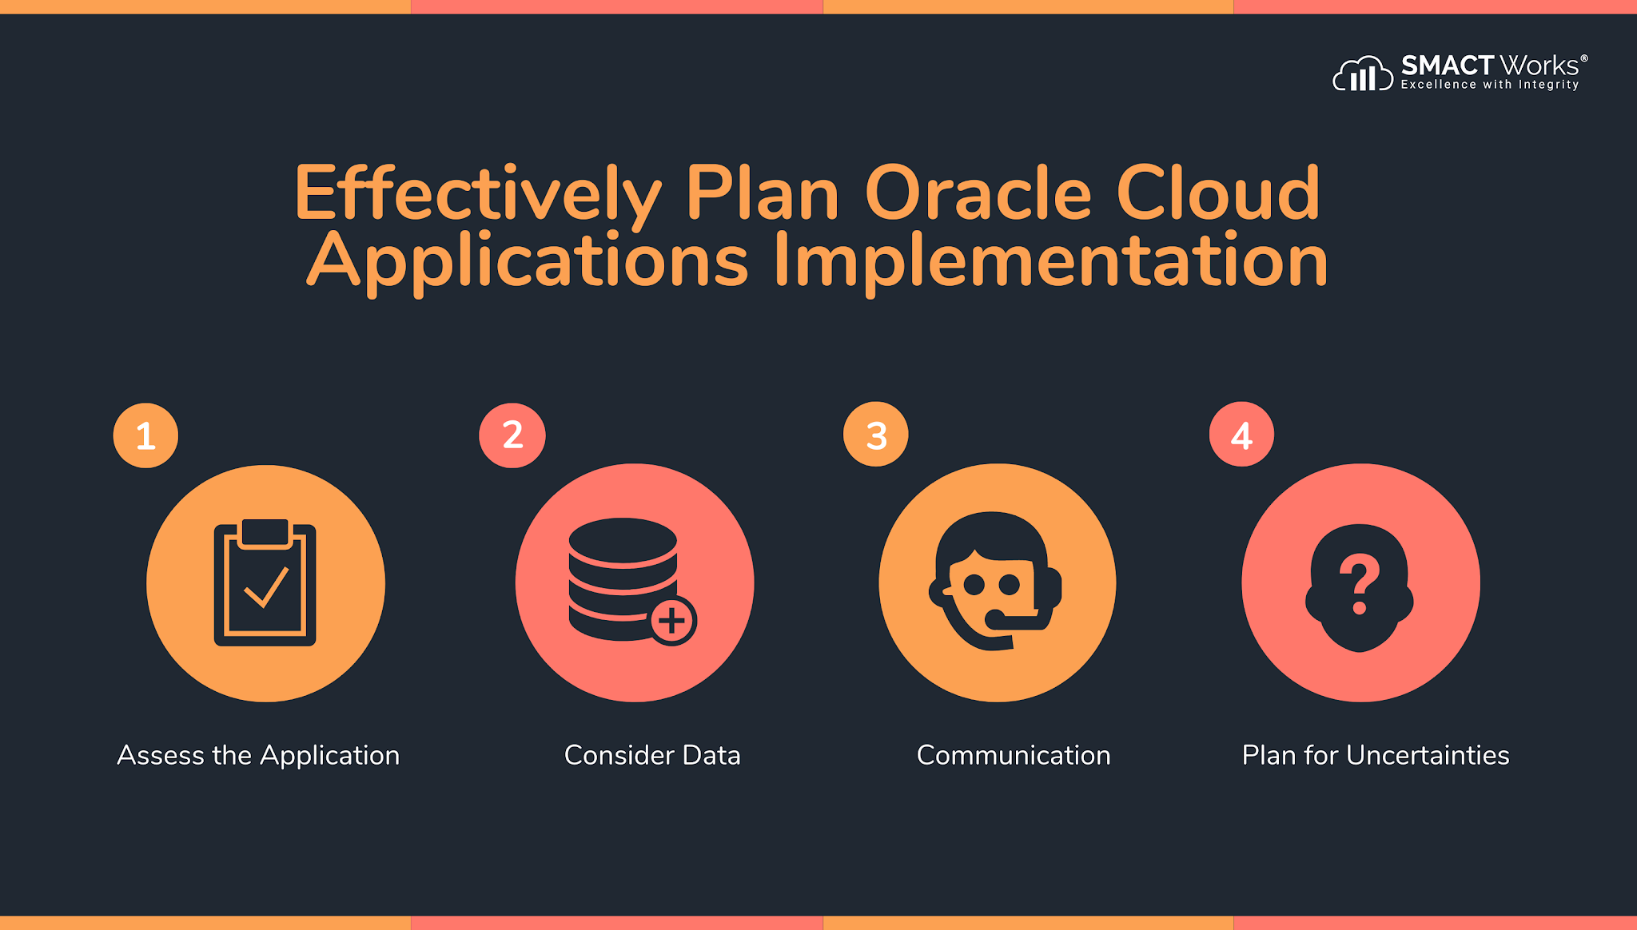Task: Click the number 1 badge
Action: pyautogui.click(x=145, y=435)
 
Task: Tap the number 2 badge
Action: pyautogui.click(x=512, y=435)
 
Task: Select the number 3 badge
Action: pyautogui.click(x=876, y=435)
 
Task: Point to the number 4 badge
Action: pyautogui.click(x=1241, y=435)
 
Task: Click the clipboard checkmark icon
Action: pyautogui.click(x=265, y=583)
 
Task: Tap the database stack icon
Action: pyautogui.click(x=623, y=579)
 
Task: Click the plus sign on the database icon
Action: pyautogui.click(x=672, y=621)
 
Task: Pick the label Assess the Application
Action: pyautogui.click(x=258, y=755)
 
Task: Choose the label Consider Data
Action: pyautogui.click(x=652, y=755)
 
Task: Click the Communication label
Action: pyautogui.click(x=1014, y=755)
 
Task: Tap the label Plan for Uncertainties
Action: pyautogui.click(x=1376, y=755)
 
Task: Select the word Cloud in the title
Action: pyautogui.click(x=1217, y=193)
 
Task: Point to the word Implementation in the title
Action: pyautogui.click(x=1050, y=260)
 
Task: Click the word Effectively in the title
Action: pyautogui.click(x=477, y=193)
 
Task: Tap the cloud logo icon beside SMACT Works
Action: pyautogui.click(x=1363, y=74)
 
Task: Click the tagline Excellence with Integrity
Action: pyautogui.click(x=1490, y=85)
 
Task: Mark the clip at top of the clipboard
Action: pyautogui.click(x=265, y=533)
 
